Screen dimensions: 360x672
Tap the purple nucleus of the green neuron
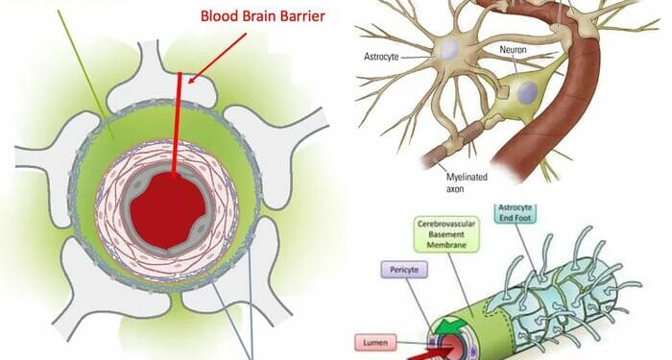pos(527,93)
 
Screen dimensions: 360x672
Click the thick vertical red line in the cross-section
pos(176,125)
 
